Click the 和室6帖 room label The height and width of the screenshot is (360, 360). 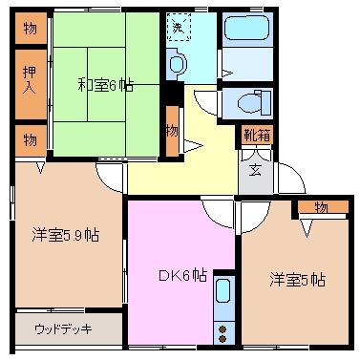(105, 85)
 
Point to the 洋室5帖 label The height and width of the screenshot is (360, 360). (297, 280)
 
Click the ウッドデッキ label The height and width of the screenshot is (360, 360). (63, 329)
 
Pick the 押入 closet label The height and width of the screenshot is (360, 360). (30, 79)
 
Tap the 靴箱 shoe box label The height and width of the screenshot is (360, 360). (256, 136)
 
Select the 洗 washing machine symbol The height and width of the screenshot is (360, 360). (178, 28)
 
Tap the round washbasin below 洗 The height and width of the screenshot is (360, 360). (178, 64)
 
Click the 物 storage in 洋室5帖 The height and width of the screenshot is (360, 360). (321, 207)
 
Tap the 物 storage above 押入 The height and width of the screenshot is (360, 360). (30, 29)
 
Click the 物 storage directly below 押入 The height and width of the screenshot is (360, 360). (30, 140)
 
